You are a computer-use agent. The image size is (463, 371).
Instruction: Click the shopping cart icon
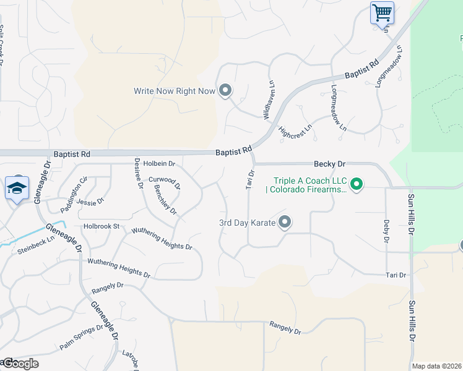coord(382,12)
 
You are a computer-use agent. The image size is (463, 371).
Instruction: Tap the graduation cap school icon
coord(17,188)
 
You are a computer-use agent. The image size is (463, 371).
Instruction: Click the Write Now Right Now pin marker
coord(225,91)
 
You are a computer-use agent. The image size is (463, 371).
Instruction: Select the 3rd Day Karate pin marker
coord(285,222)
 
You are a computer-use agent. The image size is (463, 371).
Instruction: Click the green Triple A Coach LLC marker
coord(356,184)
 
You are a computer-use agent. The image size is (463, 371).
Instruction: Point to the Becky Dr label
coord(329,164)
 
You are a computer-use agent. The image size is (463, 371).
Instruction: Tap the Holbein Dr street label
coord(160,164)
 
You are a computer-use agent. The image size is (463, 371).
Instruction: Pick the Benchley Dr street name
coord(166,200)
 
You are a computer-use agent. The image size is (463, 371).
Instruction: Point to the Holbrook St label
coord(102,226)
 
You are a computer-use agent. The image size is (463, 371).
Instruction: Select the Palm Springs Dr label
coord(80,338)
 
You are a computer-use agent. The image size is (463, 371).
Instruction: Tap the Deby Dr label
coord(386,230)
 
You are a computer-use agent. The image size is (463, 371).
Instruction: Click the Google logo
coord(20,364)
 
